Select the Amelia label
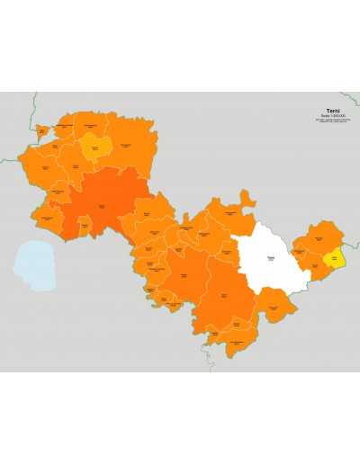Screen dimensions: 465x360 click(x=184, y=273)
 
